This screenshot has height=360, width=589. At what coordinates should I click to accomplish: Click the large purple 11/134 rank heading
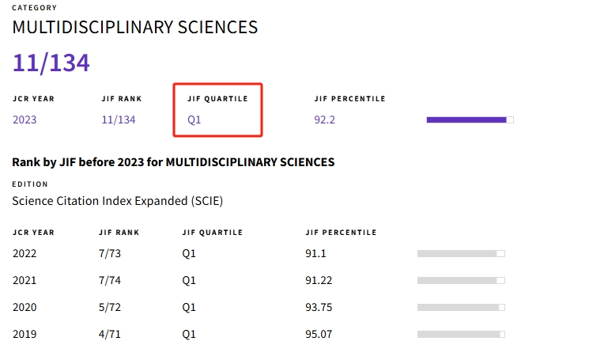[51, 63]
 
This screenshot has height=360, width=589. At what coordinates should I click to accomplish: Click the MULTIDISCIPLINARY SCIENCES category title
[135, 27]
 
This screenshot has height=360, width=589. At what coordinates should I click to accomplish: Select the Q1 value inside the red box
[194, 120]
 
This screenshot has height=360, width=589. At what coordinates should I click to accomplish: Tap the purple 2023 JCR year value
[25, 120]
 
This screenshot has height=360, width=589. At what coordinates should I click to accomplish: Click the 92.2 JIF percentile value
[325, 120]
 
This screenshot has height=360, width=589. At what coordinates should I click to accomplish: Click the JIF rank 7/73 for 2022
[113, 253]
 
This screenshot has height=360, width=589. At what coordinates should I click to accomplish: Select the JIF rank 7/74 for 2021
[113, 280]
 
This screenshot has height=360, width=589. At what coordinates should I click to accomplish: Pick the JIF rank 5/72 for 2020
[113, 307]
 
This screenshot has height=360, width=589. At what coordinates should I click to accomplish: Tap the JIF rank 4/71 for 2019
[113, 334]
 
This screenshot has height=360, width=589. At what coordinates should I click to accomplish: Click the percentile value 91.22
[319, 280]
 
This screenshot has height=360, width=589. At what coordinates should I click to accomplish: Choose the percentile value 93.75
[319, 307]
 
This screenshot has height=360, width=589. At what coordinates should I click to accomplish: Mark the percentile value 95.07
[319, 334]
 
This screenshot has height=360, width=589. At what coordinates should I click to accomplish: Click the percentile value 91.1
[316, 253]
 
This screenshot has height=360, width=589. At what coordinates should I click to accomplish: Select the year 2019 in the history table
[25, 334]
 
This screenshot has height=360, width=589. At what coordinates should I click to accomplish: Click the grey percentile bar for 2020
[461, 307]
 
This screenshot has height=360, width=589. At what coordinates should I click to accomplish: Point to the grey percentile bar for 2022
[461, 253]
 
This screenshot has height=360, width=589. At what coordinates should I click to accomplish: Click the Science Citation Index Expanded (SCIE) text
[118, 201]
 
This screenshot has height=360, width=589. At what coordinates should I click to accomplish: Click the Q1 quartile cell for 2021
[189, 280]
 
